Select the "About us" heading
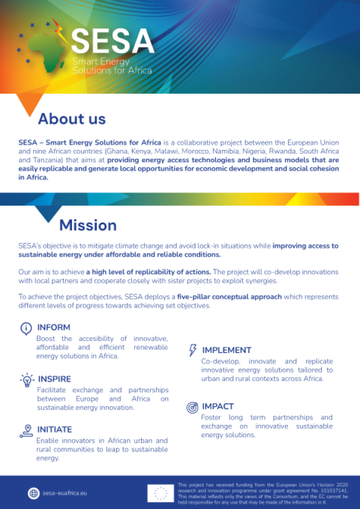click(x=72, y=118)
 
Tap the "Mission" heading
click(x=88, y=225)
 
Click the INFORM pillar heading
click(x=53, y=328)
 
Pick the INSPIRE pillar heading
click(x=54, y=379)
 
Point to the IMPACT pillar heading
click(x=218, y=406)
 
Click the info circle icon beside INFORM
click(x=25, y=328)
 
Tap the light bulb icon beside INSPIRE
click(x=25, y=379)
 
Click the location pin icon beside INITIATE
click(x=25, y=430)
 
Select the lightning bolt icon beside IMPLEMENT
click(x=193, y=350)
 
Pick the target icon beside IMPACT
click(x=192, y=407)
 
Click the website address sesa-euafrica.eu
click(x=64, y=493)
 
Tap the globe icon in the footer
click(x=33, y=493)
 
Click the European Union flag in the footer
click(x=159, y=493)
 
